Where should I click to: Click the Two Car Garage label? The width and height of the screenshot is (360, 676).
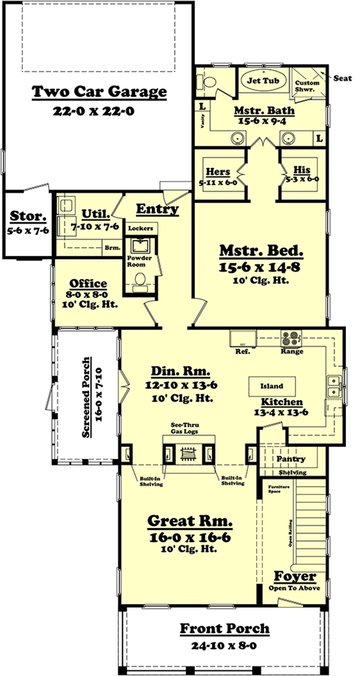click(99, 92)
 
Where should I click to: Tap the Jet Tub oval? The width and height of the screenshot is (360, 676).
click(261, 81)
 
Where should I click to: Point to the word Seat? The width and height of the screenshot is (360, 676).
click(343, 78)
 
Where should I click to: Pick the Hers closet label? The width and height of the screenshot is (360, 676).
click(218, 171)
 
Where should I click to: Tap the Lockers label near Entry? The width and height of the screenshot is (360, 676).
click(140, 228)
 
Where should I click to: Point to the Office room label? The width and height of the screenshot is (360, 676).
click(88, 283)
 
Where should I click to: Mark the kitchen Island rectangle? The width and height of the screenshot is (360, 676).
click(272, 386)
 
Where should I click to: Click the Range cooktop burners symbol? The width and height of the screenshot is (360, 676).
click(291, 337)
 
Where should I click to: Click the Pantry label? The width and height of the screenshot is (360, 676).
click(291, 459)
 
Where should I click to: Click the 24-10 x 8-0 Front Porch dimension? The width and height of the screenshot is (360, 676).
click(225, 646)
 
